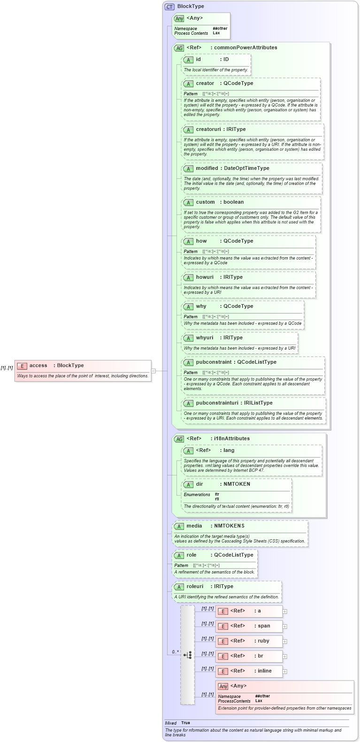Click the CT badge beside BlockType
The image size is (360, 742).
pyautogui.click(x=169, y=7)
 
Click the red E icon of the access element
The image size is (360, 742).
pyautogui.click(x=22, y=366)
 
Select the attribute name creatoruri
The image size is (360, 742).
pyautogui.click(x=208, y=130)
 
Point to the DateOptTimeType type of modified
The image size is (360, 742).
pyautogui.click(x=246, y=168)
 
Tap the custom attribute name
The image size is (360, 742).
pyautogui.click(x=205, y=202)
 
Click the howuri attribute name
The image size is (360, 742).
pyautogui.click(x=205, y=277)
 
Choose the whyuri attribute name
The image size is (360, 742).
pyautogui.click(x=205, y=338)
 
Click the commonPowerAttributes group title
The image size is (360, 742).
pyautogui.click(x=244, y=48)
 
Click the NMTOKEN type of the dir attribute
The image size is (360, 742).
pyautogui.click(x=237, y=484)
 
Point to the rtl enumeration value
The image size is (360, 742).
pyautogui.click(x=217, y=499)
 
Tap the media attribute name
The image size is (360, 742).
pyautogui.click(x=194, y=526)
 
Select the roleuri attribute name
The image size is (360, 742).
pyautogui.click(x=195, y=587)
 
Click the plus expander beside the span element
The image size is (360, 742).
pyautogui.click(x=285, y=627)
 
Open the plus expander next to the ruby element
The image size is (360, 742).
pyautogui.click(x=285, y=642)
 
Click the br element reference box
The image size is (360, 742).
pyautogui.click(x=249, y=656)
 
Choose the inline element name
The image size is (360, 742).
pyautogui.click(x=264, y=671)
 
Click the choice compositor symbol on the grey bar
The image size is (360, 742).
pyautogui.click(x=187, y=655)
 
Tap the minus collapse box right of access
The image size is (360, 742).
pyautogui.click(x=153, y=371)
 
